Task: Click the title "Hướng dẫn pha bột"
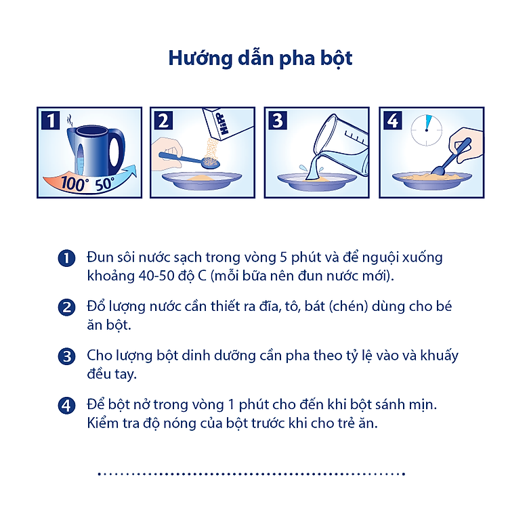coord(260,58)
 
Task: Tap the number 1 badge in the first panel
coord(50,121)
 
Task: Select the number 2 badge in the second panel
coord(163,121)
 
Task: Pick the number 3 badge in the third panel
coord(278,121)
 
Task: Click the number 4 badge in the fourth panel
coord(392,121)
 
